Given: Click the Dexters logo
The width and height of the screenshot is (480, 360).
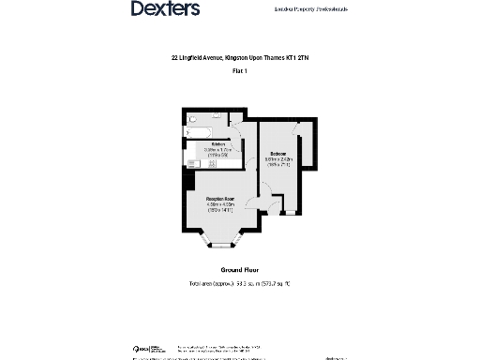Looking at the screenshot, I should pyautogui.click(x=164, y=8).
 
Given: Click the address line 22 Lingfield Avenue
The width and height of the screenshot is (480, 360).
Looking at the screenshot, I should pyautogui.click(x=239, y=58).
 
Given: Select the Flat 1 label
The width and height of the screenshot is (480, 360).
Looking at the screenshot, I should pyautogui.click(x=240, y=71).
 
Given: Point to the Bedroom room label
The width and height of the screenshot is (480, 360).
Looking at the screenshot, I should pyautogui.click(x=278, y=153).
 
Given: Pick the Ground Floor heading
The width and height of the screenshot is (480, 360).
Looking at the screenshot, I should pyautogui.click(x=240, y=270).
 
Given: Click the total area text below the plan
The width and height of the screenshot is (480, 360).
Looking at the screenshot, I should pyautogui.click(x=240, y=282).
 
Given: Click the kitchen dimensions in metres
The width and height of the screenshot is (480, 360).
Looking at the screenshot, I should pyautogui.click(x=218, y=149).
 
